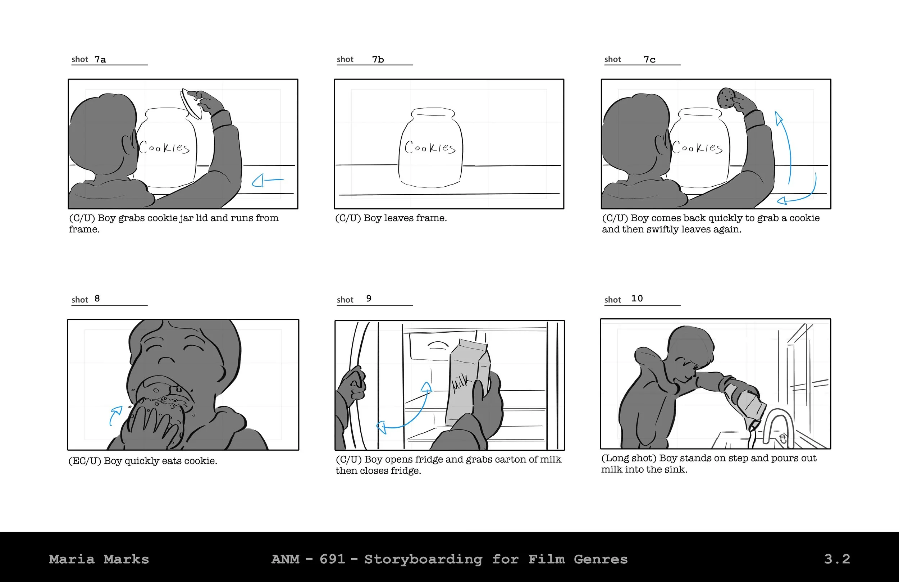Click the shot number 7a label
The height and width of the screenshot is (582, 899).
pos(100,59)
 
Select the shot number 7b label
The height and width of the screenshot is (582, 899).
pos(378,59)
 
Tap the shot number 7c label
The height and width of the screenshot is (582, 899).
pos(650,59)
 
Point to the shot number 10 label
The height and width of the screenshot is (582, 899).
pos(637,299)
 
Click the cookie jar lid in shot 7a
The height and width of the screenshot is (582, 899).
pos(190,104)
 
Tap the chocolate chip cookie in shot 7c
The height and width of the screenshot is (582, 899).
pos(726,97)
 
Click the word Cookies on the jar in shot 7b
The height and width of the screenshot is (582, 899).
pos(430,147)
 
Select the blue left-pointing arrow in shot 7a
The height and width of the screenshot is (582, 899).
pos(268,181)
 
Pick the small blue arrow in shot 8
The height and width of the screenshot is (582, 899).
pos(115,415)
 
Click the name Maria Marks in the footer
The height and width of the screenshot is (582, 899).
pos(99,559)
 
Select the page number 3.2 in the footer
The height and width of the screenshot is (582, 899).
pos(837,559)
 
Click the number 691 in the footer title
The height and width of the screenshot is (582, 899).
pos(332,559)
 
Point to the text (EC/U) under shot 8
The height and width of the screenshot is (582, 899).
pos(85,461)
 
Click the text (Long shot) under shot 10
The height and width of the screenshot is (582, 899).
pos(629,458)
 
